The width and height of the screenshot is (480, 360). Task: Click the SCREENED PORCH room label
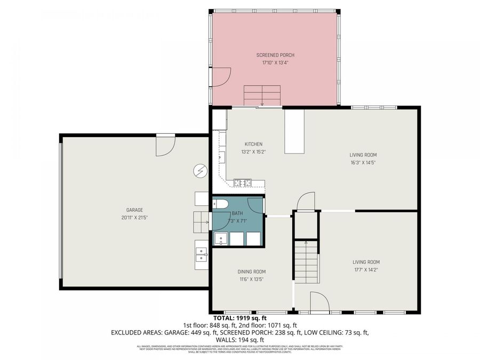click(275, 55)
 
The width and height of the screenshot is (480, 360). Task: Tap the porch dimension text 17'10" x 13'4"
click(275, 62)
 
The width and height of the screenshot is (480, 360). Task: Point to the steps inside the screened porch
click(262, 95)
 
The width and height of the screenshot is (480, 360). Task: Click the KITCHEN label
click(253, 144)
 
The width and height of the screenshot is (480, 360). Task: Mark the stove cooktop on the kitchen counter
click(243, 183)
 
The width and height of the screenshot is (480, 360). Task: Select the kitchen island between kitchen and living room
click(293, 131)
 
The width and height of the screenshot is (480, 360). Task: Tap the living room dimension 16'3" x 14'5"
click(363, 163)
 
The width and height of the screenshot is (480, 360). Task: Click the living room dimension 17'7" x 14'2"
click(366, 269)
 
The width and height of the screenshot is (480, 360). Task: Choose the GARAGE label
click(134, 210)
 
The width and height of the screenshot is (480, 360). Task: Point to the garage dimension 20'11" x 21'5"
click(134, 218)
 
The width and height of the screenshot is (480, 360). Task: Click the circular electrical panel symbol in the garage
click(201, 170)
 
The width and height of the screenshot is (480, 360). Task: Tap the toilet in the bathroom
click(220, 203)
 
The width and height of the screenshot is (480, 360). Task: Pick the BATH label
click(237, 213)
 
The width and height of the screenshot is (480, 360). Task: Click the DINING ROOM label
click(251, 271)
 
